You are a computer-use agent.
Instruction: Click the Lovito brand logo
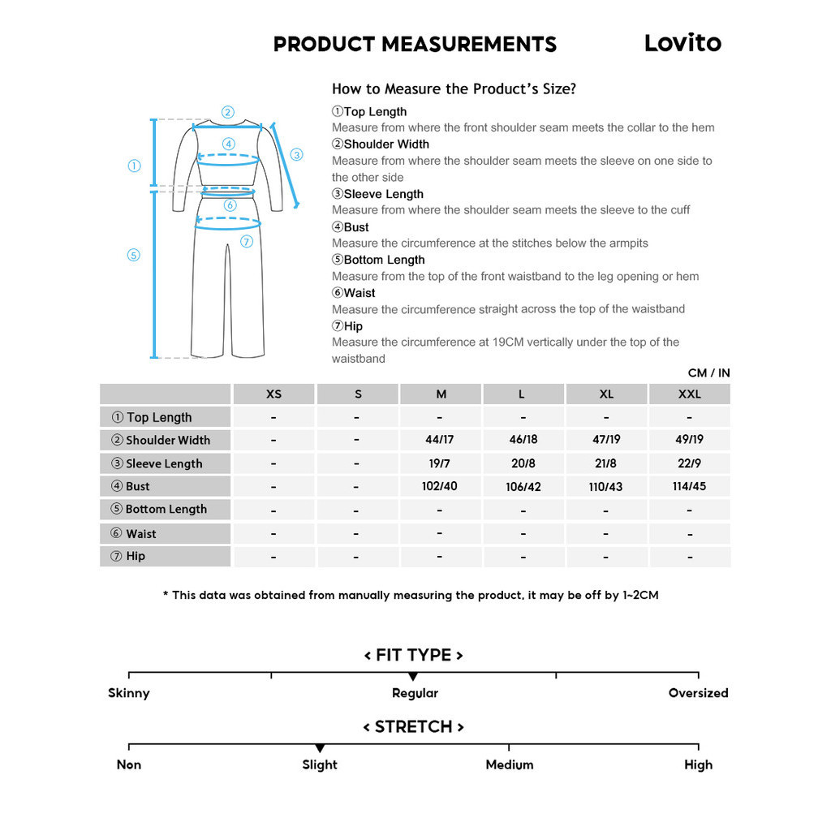point(682,43)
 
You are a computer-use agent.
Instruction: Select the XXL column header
point(689,394)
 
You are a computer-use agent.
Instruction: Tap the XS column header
point(273,394)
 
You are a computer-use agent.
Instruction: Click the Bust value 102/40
point(441,486)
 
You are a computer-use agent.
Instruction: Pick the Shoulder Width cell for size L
point(523,440)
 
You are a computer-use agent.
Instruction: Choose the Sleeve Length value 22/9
point(689,463)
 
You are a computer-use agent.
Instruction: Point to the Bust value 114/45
point(689,486)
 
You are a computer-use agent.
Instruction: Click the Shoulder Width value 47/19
point(606,440)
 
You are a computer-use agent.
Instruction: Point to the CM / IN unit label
point(708,373)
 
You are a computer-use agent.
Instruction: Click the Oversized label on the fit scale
point(698,693)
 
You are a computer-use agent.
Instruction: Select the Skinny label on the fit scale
point(129,693)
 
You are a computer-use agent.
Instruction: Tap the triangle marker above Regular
point(413,677)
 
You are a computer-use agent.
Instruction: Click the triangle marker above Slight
point(320,748)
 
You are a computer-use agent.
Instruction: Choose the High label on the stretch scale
point(698,764)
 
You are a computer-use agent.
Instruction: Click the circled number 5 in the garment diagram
point(134,255)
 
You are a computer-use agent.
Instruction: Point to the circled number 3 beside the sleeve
point(296,154)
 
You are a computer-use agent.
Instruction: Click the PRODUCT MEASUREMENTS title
point(415,45)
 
